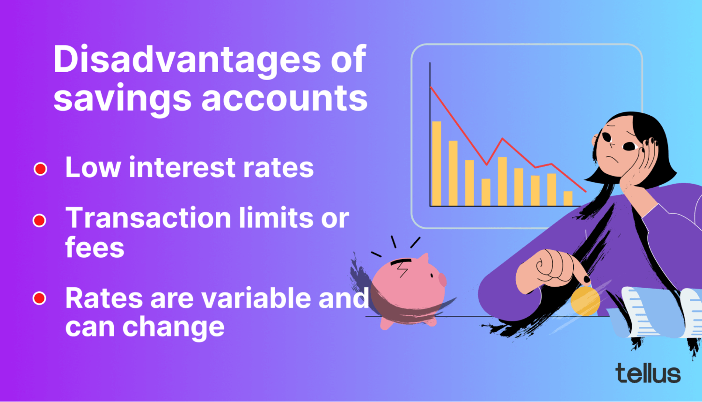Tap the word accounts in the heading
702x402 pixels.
(x=284, y=98)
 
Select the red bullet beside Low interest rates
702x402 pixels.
(x=40, y=169)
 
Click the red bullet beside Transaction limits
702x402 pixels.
(x=39, y=220)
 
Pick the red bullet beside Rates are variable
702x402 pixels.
(x=39, y=298)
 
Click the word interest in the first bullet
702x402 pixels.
(x=182, y=167)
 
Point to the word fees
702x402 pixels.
(x=95, y=247)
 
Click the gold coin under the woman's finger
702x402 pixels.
(x=585, y=301)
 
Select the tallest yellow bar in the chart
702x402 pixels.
(x=437, y=164)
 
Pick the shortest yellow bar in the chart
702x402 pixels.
(x=568, y=198)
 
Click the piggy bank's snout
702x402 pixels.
(x=442, y=279)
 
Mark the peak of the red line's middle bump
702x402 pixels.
(x=502, y=138)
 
